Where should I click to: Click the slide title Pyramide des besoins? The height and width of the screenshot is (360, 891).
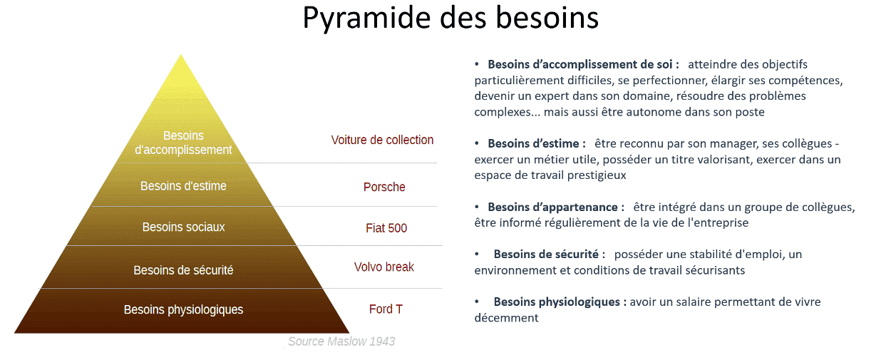point(450,19)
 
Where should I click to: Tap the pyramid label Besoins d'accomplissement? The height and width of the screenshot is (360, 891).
point(183,143)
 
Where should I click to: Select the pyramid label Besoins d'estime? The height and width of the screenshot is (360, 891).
point(183,186)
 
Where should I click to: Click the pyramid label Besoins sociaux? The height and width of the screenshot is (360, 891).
point(183,227)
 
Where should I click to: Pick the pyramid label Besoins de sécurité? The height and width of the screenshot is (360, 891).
point(183,270)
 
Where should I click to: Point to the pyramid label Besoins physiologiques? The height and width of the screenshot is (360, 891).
point(183,309)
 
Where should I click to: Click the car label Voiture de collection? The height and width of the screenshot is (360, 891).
point(382,140)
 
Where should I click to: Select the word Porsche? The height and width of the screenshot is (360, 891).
point(384,187)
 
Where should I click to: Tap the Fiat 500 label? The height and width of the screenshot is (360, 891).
point(386,228)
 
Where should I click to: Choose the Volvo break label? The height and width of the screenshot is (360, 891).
point(384,267)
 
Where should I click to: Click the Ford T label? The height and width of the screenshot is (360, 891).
point(386,309)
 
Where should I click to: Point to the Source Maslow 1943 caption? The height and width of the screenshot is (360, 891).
point(341,341)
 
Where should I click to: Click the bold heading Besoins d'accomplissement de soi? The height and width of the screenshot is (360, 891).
point(583,64)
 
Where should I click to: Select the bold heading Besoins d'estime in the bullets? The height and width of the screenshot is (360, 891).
point(537,143)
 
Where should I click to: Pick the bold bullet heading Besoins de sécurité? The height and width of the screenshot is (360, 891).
point(549,254)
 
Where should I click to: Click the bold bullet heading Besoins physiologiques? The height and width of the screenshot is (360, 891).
point(560,302)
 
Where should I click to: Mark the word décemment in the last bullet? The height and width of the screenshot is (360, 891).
point(506,318)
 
